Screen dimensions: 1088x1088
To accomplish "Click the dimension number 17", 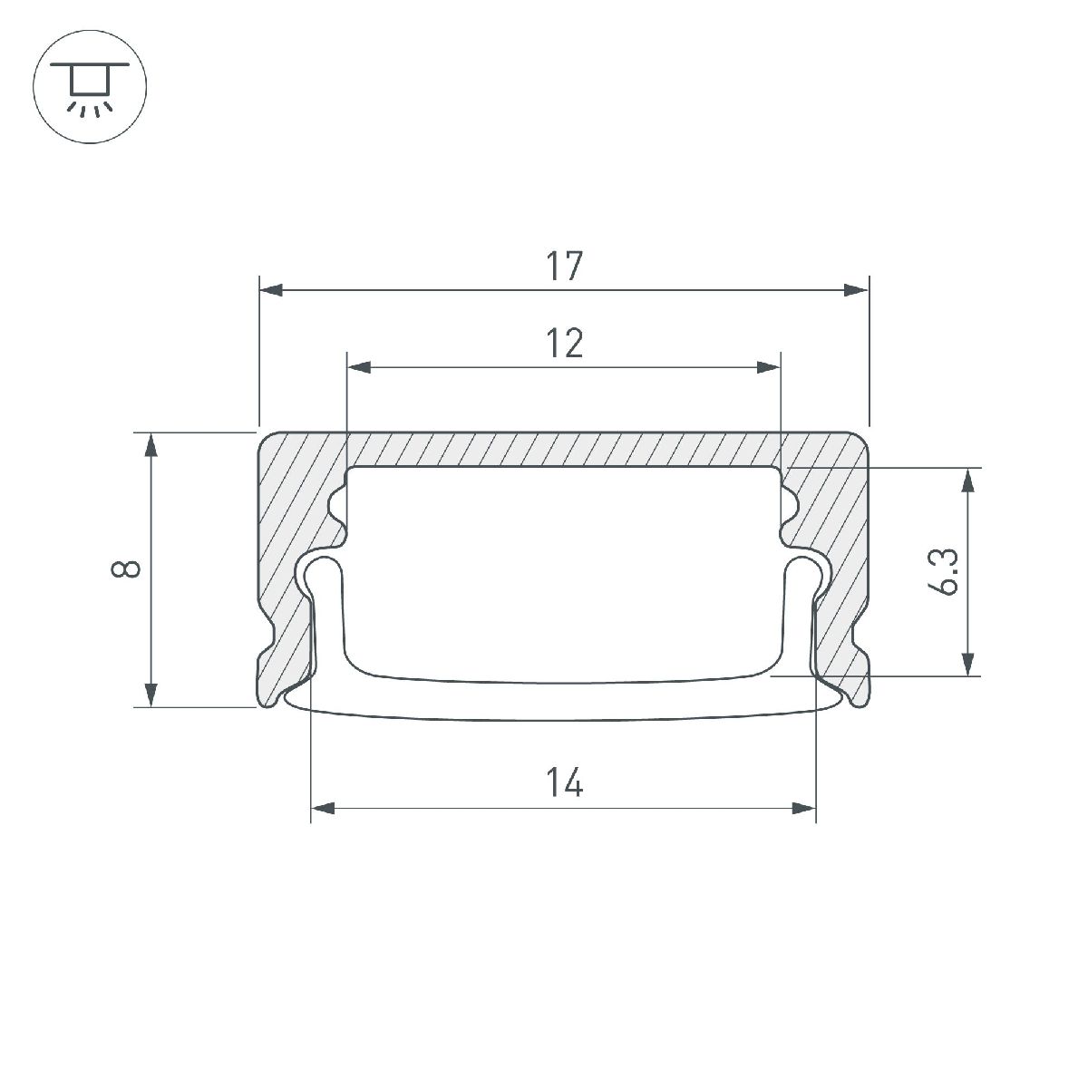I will coord(563,267).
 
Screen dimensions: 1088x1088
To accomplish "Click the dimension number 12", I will coord(564,344).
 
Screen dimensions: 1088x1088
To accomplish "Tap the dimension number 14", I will coord(564,782).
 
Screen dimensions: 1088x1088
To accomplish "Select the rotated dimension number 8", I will coord(126,569).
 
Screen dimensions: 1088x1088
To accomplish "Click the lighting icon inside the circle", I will coord(89,89).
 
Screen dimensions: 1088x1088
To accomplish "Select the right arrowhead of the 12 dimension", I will coord(768,367).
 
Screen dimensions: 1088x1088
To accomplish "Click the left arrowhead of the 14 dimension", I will coord(324,807).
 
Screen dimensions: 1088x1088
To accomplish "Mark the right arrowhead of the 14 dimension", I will coord(803,807).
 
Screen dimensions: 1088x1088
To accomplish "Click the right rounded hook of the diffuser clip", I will coord(806,570).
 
